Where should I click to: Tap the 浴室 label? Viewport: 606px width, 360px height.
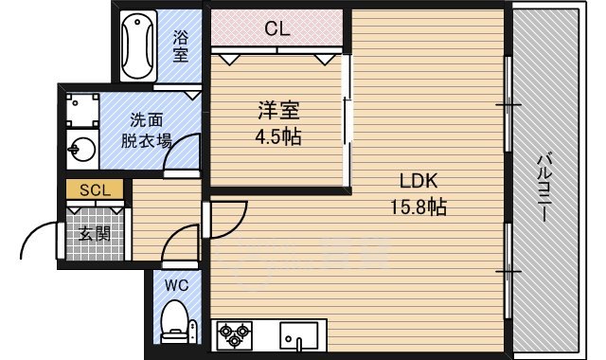click(x=181, y=46)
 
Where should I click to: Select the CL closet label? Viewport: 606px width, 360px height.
click(x=276, y=28)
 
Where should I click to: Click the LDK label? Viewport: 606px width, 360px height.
click(x=416, y=182)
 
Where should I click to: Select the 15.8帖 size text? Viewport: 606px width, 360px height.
click(x=417, y=207)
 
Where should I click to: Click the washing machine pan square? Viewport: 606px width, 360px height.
click(x=80, y=110)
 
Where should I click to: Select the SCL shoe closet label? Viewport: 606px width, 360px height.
click(x=95, y=189)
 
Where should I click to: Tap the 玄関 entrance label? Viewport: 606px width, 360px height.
click(x=94, y=232)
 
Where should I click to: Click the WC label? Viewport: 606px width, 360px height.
click(x=177, y=283)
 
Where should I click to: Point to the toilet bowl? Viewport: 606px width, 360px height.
click(x=174, y=319)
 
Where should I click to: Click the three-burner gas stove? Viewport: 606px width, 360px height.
click(x=235, y=334)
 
